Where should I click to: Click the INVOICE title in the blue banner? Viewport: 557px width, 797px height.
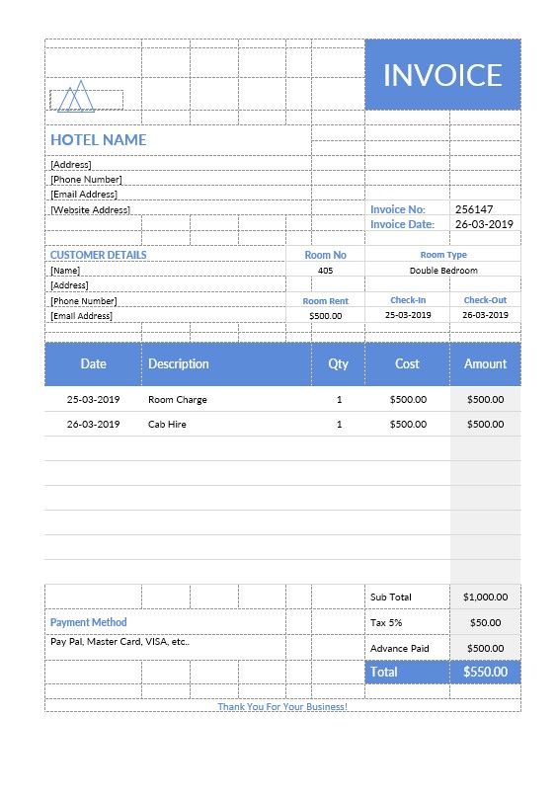click(x=442, y=75)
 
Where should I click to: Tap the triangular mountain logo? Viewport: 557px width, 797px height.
click(x=76, y=97)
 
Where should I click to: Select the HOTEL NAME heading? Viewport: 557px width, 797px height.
click(x=99, y=140)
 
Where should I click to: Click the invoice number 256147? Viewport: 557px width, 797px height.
click(x=474, y=209)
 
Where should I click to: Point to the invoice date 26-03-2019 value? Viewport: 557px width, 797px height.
click(x=484, y=224)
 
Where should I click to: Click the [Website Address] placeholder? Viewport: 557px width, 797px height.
click(x=90, y=210)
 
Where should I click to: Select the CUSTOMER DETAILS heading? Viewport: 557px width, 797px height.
click(x=99, y=255)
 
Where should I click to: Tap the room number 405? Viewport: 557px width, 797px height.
click(x=326, y=270)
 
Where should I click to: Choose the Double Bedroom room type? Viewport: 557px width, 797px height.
click(x=443, y=270)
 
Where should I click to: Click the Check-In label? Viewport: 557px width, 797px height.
click(x=408, y=300)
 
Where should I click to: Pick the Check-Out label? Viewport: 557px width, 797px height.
click(x=485, y=300)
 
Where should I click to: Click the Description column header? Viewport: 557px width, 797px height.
click(x=179, y=363)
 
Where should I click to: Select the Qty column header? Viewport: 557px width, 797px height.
click(x=339, y=363)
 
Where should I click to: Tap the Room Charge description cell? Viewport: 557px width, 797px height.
click(x=178, y=400)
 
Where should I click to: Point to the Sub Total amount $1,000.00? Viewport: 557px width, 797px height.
click(x=485, y=597)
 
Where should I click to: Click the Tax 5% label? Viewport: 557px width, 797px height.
click(x=386, y=622)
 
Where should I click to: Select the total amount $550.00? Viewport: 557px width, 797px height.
click(x=485, y=672)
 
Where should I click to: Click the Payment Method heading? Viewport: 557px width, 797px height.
click(x=89, y=622)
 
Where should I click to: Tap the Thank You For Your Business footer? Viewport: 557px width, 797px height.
click(x=282, y=706)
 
